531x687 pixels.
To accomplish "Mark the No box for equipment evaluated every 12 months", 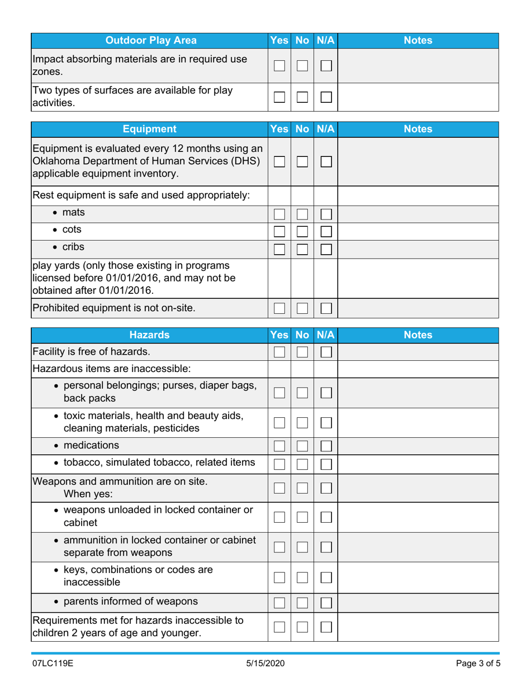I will tap(302, 162).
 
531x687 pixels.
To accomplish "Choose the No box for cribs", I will tap(302, 247).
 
